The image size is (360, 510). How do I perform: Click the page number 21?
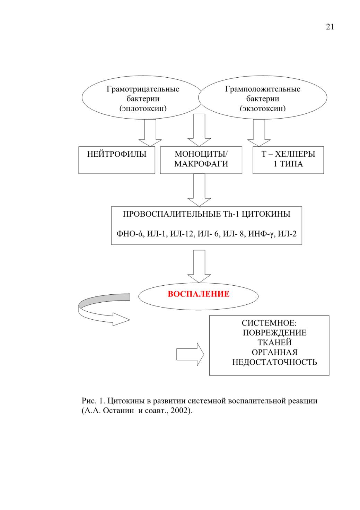tap(330, 27)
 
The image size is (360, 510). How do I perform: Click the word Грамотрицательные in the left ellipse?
tap(143, 89)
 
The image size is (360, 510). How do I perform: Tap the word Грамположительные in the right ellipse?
tap(263, 89)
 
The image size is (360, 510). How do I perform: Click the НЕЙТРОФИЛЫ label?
tap(117, 154)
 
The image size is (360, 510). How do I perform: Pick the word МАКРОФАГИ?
tap(201, 164)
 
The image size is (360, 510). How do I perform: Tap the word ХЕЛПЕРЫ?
tap(295, 154)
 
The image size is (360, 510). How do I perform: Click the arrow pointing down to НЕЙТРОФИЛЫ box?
tap(150, 133)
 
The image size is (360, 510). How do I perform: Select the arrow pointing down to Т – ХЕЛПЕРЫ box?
tap(259, 133)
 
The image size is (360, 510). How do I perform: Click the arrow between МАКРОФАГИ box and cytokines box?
tap(199, 190)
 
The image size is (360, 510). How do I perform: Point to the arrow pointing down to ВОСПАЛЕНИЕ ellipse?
tap(199, 266)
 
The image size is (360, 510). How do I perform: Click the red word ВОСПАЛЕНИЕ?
tap(199, 294)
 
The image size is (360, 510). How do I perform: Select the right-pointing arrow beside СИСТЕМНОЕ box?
tap(190, 354)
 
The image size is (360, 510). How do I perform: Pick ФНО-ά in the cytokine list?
tap(130, 234)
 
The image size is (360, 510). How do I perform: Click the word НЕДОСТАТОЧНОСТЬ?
tap(274, 362)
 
